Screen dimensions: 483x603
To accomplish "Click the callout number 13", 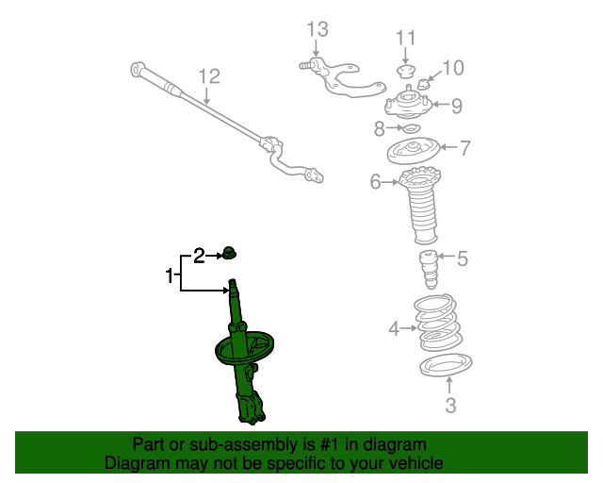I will [317, 31].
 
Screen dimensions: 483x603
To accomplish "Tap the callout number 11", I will [405, 38].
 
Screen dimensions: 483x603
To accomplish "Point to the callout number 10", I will [453, 68].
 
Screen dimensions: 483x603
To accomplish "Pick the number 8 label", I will [379, 127].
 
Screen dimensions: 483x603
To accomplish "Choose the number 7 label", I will [464, 147].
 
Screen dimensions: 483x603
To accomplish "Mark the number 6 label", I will [376, 182].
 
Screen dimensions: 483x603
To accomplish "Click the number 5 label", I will [462, 257].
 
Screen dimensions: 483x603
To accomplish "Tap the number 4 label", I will [394, 329].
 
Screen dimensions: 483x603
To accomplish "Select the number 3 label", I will [450, 407].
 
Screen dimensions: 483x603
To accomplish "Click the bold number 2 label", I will [199, 254].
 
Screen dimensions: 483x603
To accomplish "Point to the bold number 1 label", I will [171, 276].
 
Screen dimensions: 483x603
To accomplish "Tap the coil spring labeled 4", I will [439, 324].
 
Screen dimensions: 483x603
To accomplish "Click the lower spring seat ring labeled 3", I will [444, 364].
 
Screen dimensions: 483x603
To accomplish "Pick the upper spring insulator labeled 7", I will [415, 150].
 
